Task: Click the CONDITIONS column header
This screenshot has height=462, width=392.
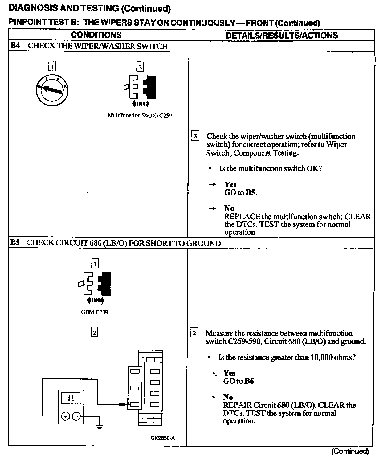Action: click(x=96, y=35)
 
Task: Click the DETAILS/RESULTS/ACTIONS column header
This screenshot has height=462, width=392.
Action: click(x=282, y=35)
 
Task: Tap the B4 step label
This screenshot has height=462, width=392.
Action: click(x=15, y=46)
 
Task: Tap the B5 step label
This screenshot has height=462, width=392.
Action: click(x=15, y=243)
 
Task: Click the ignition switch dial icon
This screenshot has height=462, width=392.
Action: click(x=52, y=90)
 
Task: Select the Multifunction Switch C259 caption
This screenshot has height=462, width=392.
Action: click(x=140, y=115)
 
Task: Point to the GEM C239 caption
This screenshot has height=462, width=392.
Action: click(x=95, y=312)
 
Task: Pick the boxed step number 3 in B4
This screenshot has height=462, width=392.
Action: click(x=195, y=136)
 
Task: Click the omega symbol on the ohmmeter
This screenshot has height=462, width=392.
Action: click(x=71, y=398)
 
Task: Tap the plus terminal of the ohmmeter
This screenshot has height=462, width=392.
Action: click(x=66, y=416)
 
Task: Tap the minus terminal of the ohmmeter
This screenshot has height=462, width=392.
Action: click(x=76, y=416)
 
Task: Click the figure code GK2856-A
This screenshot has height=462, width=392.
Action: click(x=163, y=438)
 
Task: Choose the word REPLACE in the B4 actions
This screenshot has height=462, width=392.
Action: click(x=242, y=216)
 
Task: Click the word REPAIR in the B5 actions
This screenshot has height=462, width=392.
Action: click(x=237, y=405)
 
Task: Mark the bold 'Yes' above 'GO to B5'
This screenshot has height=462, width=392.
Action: click(x=230, y=184)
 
